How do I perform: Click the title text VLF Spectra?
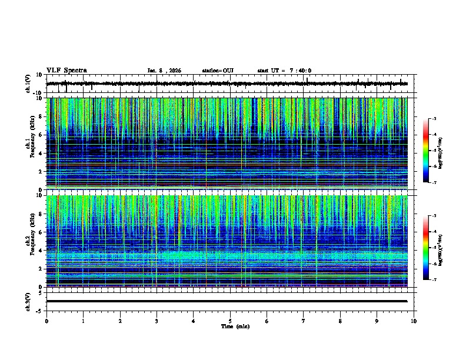click(66, 70)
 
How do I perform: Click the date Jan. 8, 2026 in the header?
click(164, 71)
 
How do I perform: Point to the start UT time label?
click(284, 71)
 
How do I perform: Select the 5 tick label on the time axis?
click(230, 321)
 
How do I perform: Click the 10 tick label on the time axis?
click(414, 321)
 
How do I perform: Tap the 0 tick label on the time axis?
click(46, 321)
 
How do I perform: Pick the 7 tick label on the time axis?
click(304, 321)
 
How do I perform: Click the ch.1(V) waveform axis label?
click(28, 84)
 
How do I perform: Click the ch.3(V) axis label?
click(28, 301)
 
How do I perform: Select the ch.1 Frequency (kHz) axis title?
click(31, 144)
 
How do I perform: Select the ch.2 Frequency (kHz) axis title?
click(31, 241)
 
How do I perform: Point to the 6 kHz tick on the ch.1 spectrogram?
click(41, 135)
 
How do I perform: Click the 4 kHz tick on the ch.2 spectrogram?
click(41, 251)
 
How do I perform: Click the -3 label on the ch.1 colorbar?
click(435, 119)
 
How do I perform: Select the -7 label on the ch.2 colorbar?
click(435, 280)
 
